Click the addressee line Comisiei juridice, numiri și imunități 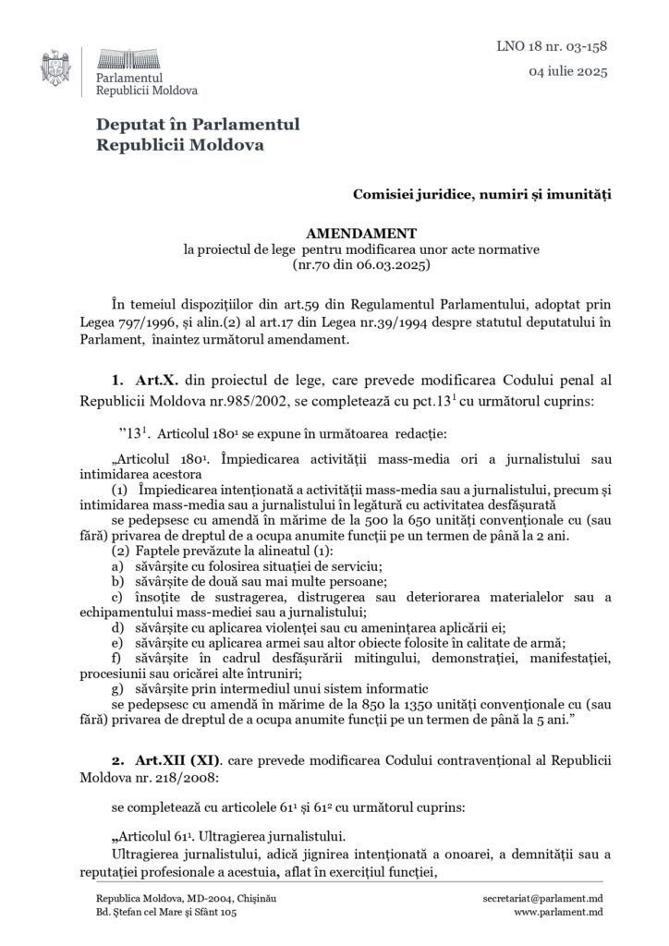click(x=481, y=193)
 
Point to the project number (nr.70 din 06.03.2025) click(x=362, y=264)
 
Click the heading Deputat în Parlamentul click(x=198, y=125)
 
